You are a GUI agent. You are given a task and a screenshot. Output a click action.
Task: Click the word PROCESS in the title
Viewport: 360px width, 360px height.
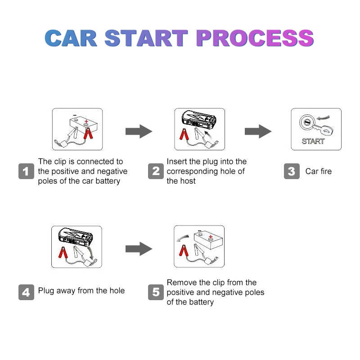click(255, 38)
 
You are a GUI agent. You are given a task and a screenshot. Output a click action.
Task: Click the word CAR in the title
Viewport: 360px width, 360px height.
click(71, 38)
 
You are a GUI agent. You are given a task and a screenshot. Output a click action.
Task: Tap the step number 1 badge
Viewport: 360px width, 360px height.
click(26, 171)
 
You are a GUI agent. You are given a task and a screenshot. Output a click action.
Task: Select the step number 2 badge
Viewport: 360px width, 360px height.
click(156, 171)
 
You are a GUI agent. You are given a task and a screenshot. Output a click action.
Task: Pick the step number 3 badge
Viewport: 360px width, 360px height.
click(292, 171)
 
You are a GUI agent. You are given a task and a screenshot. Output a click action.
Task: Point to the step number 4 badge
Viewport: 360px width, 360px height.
click(26, 292)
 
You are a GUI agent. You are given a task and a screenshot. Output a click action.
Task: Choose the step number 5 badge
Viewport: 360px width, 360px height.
click(156, 292)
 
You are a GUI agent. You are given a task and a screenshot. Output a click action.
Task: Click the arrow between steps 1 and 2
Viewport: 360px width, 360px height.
click(139, 131)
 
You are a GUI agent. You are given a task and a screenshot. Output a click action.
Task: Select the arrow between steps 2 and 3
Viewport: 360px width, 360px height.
click(258, 131)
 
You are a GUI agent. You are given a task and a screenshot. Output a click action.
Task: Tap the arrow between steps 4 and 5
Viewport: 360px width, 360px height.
click(139, 248)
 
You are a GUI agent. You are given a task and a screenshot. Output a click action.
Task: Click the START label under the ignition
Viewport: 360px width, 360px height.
click(313, 141)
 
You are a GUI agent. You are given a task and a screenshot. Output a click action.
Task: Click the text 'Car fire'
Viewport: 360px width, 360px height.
click(318, 171)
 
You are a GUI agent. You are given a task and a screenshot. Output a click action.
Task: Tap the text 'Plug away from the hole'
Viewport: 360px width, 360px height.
click(81, 291)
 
